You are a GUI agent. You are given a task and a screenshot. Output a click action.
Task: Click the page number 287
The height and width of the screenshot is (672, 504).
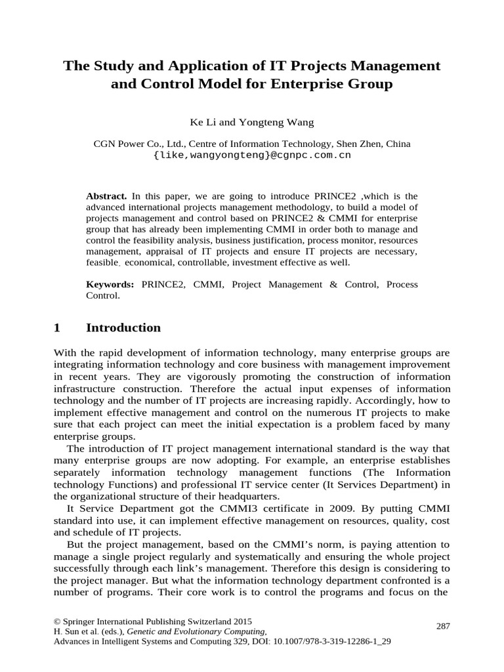click(x=443, y=626)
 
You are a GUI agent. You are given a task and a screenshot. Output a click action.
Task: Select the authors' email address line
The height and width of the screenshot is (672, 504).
click(x=252, y=156)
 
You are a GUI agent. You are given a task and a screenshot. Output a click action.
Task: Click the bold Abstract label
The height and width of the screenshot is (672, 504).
click(x=107, y=196)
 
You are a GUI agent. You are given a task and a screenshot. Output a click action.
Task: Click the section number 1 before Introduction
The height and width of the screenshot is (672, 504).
click(x=57, y=327)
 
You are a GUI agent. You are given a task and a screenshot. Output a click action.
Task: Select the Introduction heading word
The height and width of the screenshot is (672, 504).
click(x=123, y=327)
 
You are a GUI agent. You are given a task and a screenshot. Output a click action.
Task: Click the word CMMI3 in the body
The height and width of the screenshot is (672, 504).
click(x=227, y=509)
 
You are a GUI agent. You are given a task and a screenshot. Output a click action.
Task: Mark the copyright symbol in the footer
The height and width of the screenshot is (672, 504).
click(x=56, y=621)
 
